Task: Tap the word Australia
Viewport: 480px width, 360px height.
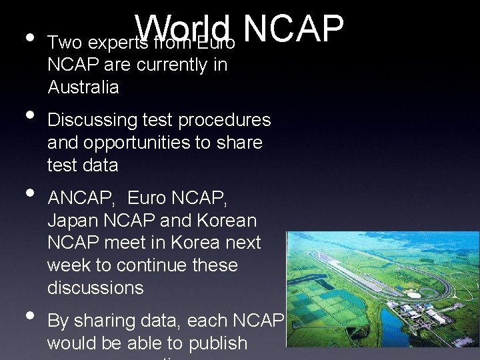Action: [83, 87]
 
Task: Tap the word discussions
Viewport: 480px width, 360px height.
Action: [95, 288]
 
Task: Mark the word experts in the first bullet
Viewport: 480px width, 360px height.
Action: [109, 43]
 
